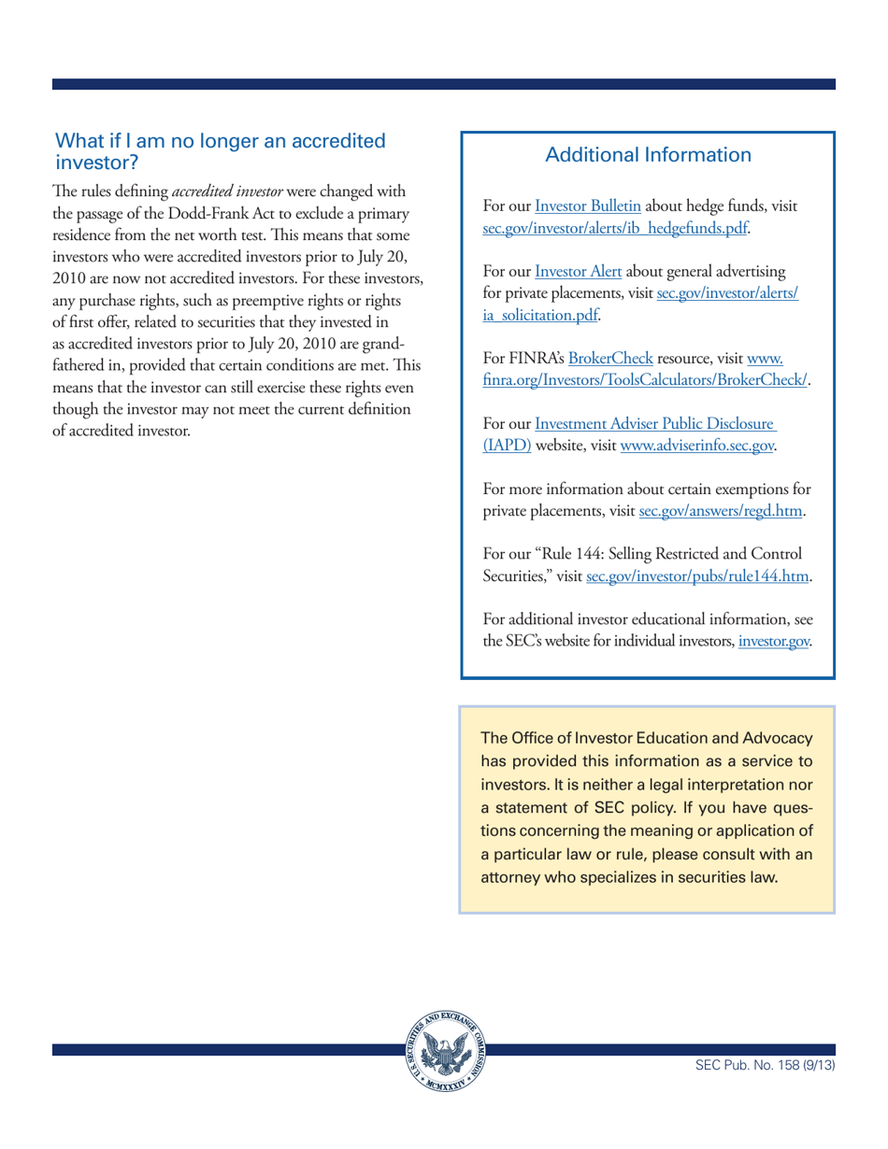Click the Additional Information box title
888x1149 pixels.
(x=647, y=155)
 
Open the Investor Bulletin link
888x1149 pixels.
(x=586, y=206)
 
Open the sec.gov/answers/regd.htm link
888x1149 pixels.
(x=723, y=511)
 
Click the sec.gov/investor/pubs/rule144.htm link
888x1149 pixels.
(x=697, y=577)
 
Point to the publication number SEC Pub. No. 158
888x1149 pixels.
(x=765, y=1063)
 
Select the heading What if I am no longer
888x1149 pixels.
(x=221, y=140)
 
